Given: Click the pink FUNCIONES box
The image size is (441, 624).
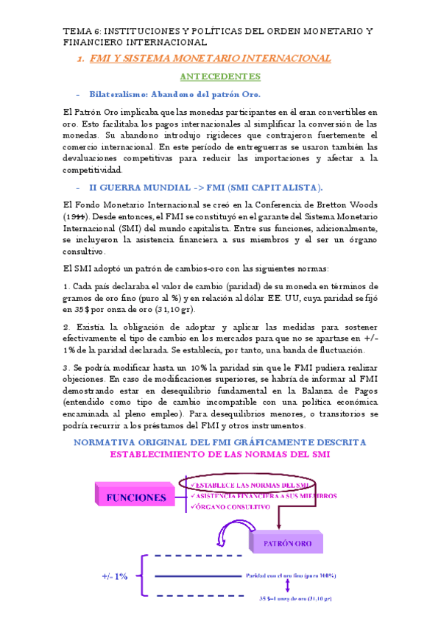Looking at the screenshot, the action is point(136,497).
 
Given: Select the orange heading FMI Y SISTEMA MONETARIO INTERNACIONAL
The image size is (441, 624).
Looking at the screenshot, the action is point(210,59).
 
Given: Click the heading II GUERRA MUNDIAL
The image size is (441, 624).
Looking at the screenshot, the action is point(140,188).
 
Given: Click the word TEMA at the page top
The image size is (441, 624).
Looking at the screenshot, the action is point(74,32).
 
